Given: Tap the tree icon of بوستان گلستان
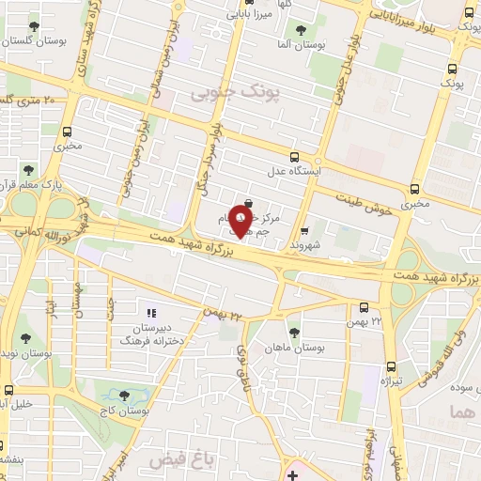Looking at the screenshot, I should click(35, 26).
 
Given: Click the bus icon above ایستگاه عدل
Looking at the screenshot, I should click(295, 157).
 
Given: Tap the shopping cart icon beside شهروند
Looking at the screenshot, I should click(303, 230).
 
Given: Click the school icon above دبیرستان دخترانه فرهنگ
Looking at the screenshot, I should click(149, 313).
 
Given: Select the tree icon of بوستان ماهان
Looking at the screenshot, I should click(294, 332).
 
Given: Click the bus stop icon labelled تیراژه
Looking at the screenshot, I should click(390, 367).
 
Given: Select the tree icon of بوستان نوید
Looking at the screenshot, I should click(24, 338).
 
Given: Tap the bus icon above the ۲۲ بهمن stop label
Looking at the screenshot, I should click(365, 307).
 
